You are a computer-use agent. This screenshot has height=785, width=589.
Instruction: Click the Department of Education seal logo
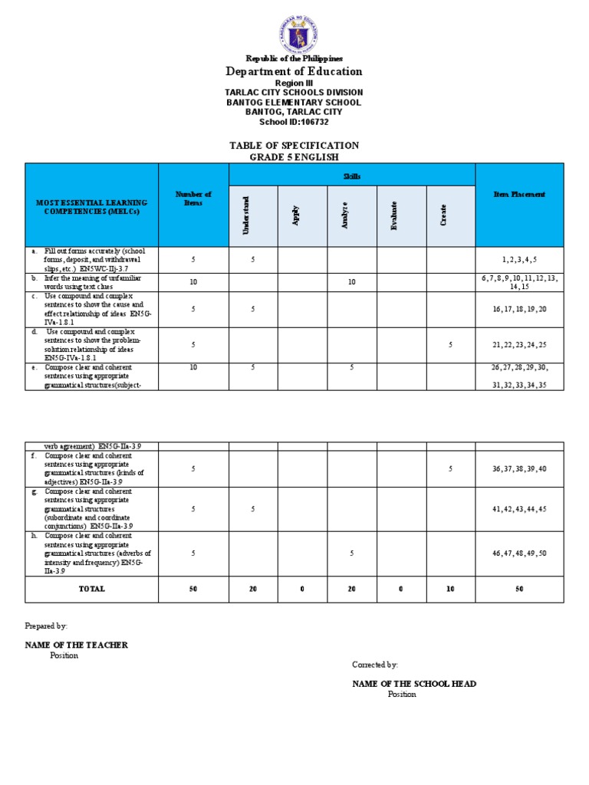(294, 34)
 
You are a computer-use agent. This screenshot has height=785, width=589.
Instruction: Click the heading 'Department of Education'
(294, 71)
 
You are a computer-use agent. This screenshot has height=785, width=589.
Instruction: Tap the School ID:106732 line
(294, 122)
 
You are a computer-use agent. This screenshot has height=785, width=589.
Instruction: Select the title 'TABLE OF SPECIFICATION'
(294, 145)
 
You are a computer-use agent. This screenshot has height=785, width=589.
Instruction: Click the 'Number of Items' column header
(193, 198)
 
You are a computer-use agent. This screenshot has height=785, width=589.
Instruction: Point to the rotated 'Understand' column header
(253, 215)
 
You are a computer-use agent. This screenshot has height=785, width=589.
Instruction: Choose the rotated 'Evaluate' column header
(395, 215)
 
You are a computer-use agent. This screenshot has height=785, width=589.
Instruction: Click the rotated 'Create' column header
(443, 215)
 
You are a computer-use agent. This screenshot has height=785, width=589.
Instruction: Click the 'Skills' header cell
(352, 176)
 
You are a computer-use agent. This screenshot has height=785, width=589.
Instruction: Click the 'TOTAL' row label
(91, 589)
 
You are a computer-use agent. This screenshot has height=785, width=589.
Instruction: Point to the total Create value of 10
(450, 589)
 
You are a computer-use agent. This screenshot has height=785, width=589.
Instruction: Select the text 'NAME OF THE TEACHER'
(76, 645)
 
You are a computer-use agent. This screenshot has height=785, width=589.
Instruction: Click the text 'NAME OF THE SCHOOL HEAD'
(414, 683)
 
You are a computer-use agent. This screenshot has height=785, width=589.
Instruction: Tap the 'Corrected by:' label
(375, 665)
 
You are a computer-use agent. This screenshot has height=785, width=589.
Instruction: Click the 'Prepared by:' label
(46, 626)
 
